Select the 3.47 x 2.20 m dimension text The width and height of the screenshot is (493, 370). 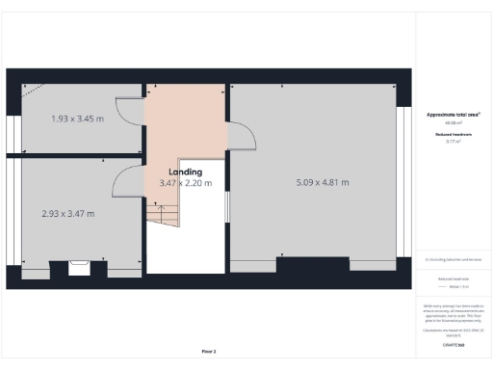click(185, 183)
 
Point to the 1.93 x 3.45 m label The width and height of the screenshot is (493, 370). click(77, 119)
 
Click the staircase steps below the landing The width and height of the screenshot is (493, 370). click(164, 215)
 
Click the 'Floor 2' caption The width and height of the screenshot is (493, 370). click(209, 351)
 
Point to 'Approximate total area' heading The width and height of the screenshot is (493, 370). click(453, 115)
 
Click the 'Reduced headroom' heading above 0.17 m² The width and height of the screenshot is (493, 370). click(453, 134)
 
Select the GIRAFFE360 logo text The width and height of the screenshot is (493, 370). click(454, 343)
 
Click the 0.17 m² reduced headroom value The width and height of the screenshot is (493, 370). click(453, 142)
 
